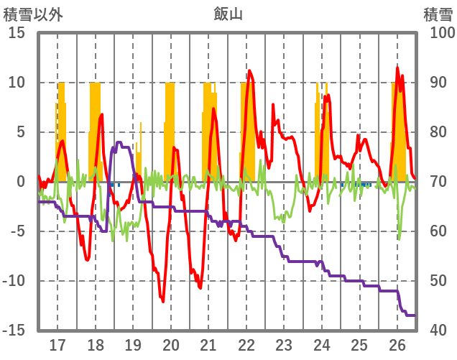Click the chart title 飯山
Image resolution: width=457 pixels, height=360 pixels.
click(228, 13)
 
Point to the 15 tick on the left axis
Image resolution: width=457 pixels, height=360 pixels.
click(17, 33)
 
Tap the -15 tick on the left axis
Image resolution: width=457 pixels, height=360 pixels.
click(14, 331)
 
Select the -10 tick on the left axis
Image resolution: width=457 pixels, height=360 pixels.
click(14, 281)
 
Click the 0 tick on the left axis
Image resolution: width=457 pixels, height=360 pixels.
click(21, 182)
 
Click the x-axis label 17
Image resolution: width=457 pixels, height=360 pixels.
click(57, 345)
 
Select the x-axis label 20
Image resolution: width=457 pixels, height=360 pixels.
click(171, 345)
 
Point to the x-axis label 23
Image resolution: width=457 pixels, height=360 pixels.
click(284, 345)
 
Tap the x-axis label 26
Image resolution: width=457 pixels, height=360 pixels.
click(397, 345)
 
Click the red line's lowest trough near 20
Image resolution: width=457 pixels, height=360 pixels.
click(163, 302)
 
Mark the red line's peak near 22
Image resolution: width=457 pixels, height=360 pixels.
click(249, 70)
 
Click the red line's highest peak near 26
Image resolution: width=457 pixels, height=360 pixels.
click(397, 68)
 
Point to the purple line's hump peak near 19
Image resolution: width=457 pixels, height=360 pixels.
click(119, 142)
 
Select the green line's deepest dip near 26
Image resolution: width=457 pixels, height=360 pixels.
click(399, 239)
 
